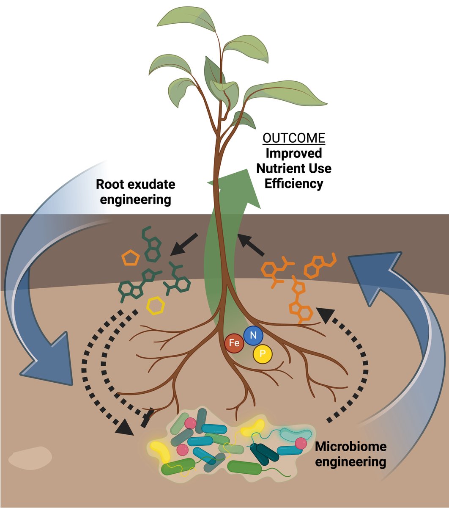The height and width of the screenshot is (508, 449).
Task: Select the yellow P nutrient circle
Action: [x=263, y=353]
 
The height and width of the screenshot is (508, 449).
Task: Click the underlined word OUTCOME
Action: [x=294, y=138]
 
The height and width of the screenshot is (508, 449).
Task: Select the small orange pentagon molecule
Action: [x=131, y=258]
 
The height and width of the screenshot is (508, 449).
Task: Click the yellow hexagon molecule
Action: [x=156, y=305]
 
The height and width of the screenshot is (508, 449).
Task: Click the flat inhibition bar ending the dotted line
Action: [x=146, y=418]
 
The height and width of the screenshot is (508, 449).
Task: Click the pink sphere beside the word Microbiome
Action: [x=301, y=443]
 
